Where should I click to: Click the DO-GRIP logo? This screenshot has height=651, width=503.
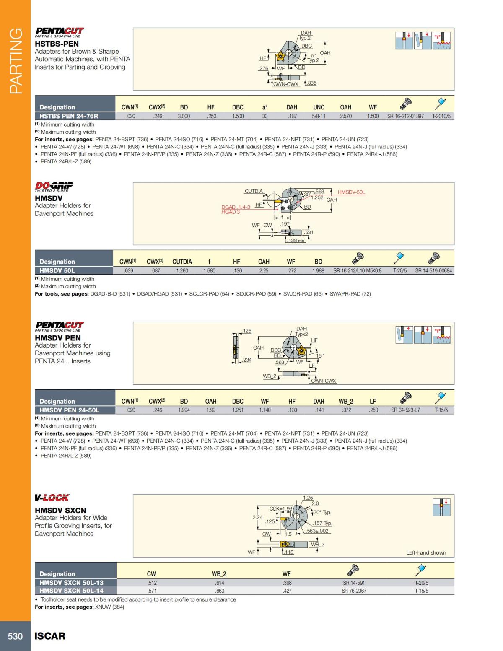(x=54, y=186)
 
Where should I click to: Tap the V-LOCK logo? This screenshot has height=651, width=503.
(x=52, y=498)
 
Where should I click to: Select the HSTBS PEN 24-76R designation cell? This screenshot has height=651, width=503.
(x=69, y=116)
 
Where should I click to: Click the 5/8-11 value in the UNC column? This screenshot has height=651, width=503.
(x=319, y=116)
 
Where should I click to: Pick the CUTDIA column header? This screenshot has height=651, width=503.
(x=182, y=262)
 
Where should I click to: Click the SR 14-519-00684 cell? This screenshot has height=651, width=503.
(x=433, y=271)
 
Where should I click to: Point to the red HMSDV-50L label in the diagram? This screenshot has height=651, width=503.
(x=351, y=192)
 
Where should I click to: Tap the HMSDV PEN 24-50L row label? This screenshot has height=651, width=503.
(x=69, y=410)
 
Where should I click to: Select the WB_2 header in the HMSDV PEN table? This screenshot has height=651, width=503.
(x=346, y=401)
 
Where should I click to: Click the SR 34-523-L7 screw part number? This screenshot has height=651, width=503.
(x=405, y=410)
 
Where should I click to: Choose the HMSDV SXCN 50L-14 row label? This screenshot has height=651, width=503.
(x=71, y=591)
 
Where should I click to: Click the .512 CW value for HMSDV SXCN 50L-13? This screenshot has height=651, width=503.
(x=152, y=583)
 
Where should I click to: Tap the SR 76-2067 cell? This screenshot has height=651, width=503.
(x=354, y=591)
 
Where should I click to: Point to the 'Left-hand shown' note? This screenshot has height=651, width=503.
(x=426, y=552)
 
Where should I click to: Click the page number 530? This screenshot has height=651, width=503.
(x=15, y=636)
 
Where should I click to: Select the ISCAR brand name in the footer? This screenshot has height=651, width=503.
(x=50, y=636)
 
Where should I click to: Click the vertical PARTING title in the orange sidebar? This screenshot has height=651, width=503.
(x=16, y=61)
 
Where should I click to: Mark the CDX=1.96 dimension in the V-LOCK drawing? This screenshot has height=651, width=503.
(x=280, y=508)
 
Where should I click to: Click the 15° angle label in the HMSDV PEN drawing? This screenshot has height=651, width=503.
(x=319, y=355)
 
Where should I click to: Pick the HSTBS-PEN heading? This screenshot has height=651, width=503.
(x=57, y=44)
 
